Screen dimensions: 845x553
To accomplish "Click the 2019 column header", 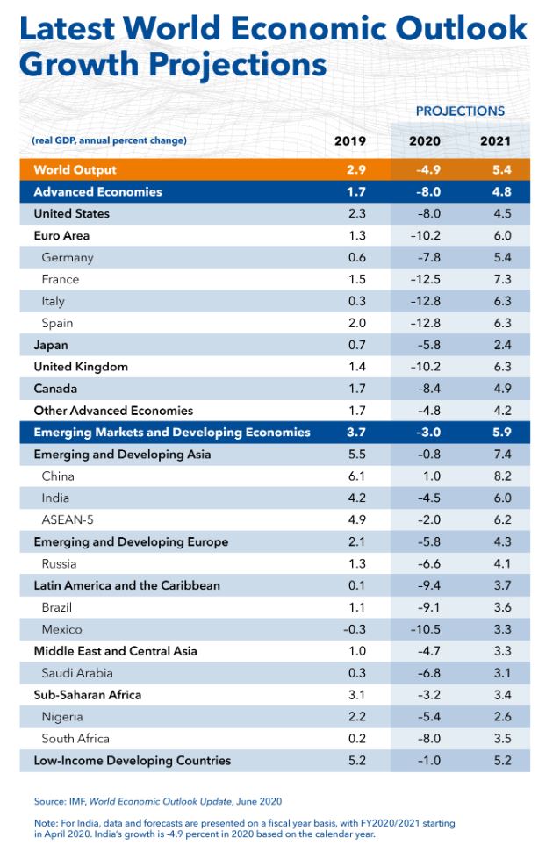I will click(x=350, y=141).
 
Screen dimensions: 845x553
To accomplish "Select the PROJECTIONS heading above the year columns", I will click(x=460, y=111).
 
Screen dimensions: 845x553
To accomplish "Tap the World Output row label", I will click(x=75, y=169).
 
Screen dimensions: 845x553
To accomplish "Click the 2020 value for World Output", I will click(x=425, y=169).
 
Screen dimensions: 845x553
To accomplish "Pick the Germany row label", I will click(x=67, y=257).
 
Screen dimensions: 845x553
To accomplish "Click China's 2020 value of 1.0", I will click(x=425, y=476).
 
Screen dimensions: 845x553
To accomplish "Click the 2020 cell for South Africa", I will click(x=425, y=739).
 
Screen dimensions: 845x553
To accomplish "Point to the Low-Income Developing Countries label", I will click(x=132, y=761).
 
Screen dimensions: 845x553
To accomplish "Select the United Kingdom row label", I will click(x=81, y=367).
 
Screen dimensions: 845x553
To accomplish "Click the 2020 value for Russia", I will click(x=425, y=563).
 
